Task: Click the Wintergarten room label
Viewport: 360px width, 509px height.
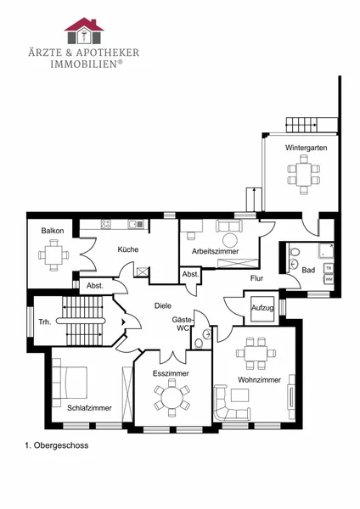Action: click(x=306, y=148)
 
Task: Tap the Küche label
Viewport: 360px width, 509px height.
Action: click(x=128, y=249)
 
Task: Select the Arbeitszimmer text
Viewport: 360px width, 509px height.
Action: click(x=215, y=251)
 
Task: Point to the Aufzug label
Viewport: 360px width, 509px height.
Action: click(x=262, y=308)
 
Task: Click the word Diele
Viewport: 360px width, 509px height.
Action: click(x=163, y=305)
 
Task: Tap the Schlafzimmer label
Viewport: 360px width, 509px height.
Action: click(x=89, y=408)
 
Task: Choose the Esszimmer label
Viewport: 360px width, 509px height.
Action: click(x=171, y=373)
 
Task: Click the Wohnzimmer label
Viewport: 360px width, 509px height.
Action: click(x=259, y=380)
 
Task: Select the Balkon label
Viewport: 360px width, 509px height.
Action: click(x=53, y=231)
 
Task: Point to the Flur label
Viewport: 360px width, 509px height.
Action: click(x=256, y=278)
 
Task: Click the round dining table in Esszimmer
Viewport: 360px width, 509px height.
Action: click(x=172, y=398)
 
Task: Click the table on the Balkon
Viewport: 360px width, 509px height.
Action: click(x=54, y=255)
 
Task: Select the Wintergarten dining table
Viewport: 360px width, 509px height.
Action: click(x=304, y=174)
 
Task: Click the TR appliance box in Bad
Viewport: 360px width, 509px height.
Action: click(x=329, y=268)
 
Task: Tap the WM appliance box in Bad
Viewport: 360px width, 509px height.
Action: click(x=329, y=278)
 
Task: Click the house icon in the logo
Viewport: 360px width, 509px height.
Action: click(x=84, y=31)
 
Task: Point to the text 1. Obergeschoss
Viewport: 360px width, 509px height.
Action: click(x=57, y=445)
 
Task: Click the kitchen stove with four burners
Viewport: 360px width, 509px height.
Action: click(x=105, y=224)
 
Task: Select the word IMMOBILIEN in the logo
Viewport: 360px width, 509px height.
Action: click(x=83, y=64)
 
